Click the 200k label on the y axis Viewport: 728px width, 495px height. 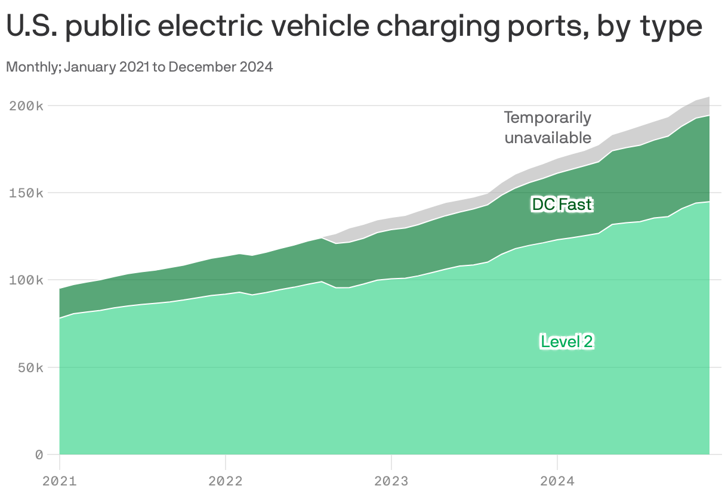coord(26,106)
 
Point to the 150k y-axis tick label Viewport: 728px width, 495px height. coord(26,193)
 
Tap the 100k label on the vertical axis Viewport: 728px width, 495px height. coord(26,280)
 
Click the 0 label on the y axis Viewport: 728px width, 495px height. coord(39,454)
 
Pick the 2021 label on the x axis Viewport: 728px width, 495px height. coord(59,481)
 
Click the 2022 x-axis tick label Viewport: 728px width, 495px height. coord(225,481)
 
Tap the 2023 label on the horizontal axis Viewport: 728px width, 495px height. coord(391,481)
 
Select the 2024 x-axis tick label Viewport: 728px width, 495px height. coord(557,481)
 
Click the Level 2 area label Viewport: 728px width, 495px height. coord(567,342)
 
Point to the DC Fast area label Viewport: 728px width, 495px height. coord(562,205)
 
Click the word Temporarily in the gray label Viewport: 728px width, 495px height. coord(547,117)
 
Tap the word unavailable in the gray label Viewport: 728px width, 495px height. coord(548,138)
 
